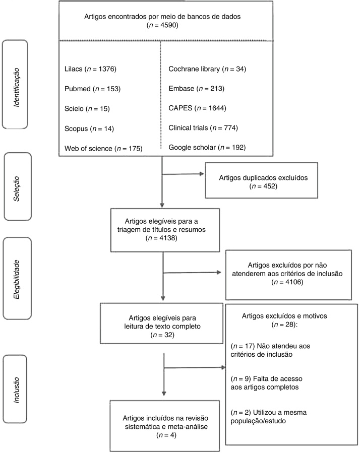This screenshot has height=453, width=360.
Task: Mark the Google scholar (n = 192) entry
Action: (209, 148)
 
